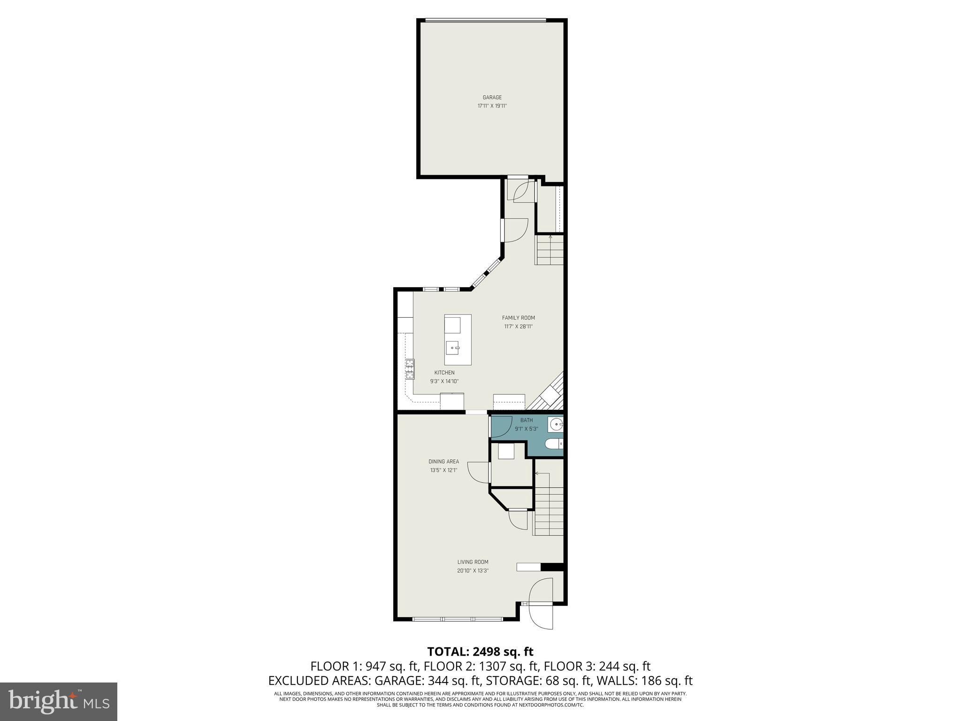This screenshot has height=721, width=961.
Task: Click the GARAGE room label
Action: point(492,98)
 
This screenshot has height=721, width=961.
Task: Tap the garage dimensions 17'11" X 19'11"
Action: point(492,106)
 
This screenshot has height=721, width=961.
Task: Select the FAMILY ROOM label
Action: point(518,318)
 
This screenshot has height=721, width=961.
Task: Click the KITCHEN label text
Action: point(444,373)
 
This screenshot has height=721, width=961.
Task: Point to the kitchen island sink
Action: point(452,348)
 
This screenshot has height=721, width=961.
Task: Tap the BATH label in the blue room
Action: point(526,420)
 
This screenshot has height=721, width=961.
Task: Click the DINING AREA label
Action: point(443,461)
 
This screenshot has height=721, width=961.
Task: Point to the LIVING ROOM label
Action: point(473,562)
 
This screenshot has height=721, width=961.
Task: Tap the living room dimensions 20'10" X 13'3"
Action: point(473,571)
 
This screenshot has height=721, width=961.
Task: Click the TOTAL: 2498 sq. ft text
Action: point(480,652)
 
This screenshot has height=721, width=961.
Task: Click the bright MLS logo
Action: point(59,701)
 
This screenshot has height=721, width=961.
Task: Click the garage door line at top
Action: point(486,20)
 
